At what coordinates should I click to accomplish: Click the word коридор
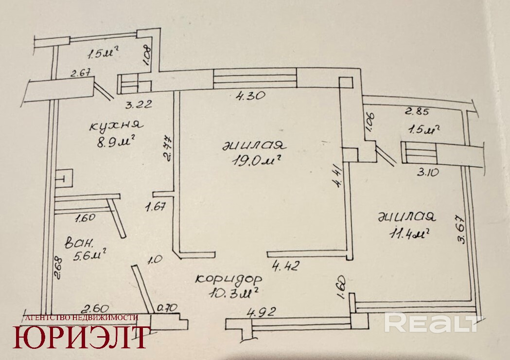(x=229, y=279)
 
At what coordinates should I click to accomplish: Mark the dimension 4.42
(x=286, y=266)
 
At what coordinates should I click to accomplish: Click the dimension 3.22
(x=139, y=103)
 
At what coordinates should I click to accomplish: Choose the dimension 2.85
(x=418, y=111)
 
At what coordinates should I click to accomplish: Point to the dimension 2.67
(x=81, y=74)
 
